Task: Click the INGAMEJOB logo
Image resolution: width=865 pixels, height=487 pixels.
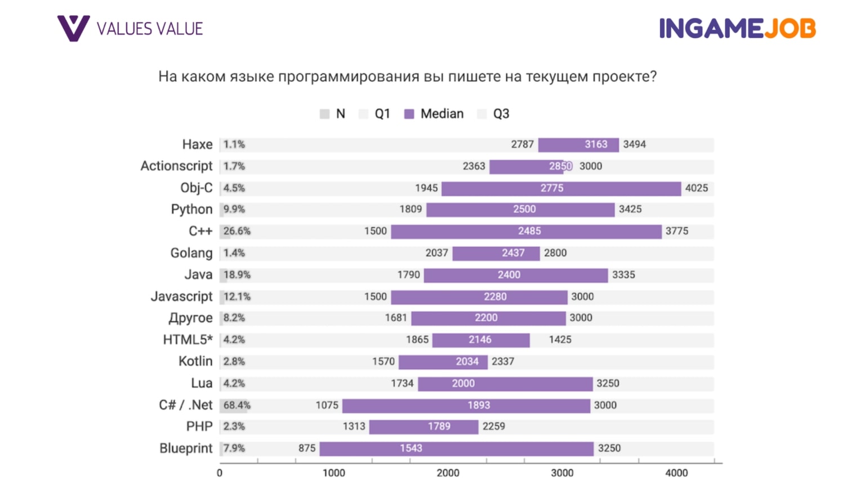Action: (737, 29)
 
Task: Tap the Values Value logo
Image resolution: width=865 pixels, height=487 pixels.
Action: (130, 28)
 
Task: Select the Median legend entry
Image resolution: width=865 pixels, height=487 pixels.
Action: (434, 114)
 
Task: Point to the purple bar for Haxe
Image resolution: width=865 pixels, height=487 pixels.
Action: (578, 145)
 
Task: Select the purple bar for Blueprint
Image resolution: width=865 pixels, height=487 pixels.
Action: (456, 449)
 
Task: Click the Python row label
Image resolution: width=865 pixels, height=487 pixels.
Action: (191, 210)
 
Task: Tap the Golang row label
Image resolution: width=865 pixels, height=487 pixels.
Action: (191, 253)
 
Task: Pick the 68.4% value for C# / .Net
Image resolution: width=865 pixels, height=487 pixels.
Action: (237, 405)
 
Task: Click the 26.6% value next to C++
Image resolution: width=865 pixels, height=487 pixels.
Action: (237, 231)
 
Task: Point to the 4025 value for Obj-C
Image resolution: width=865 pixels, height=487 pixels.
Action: (696, 188)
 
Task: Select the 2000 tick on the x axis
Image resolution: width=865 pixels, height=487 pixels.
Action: (448, 473)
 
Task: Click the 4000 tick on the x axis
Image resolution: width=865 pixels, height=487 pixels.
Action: (676, 473)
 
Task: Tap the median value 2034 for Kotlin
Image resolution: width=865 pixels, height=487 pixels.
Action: (467, 362)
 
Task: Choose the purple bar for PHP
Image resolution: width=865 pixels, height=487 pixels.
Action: (423, 427)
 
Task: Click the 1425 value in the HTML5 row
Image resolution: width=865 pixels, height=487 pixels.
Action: (560, 340)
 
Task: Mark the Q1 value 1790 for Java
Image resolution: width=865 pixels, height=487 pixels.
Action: (408, 275)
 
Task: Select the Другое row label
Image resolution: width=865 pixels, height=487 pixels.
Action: (190, 318)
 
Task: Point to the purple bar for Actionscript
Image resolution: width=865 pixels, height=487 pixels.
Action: (527, 167)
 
